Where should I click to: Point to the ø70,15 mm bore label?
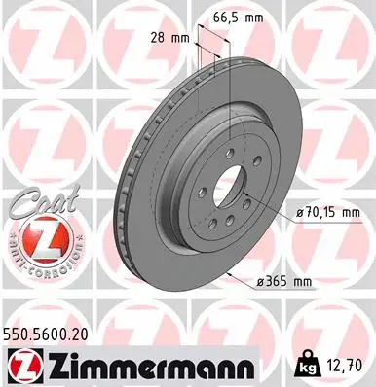pos(321,212)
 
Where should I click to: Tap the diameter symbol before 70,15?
pos(290,212)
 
